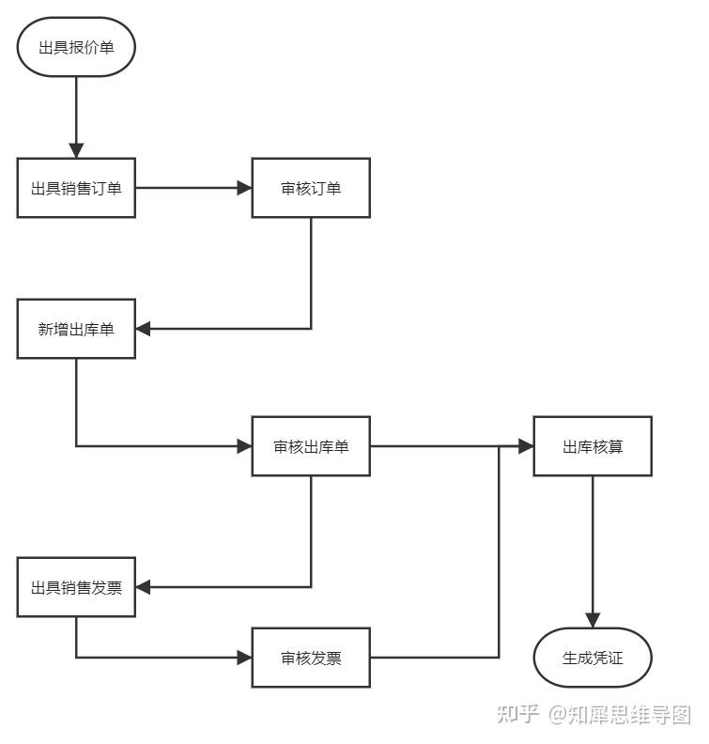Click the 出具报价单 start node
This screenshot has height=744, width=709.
pos(76,47)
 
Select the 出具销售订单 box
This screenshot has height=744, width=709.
pos(76,188)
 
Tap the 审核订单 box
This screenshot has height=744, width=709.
pos(311,188)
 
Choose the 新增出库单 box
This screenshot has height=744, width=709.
pos(76,329)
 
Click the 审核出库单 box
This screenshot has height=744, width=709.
pos(311,446)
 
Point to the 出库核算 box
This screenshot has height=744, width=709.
pos(593,446)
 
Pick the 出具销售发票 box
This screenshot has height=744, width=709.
pos(76,588)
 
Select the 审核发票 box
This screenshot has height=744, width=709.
pos(311,658)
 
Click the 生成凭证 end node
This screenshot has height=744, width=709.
pos(593,658)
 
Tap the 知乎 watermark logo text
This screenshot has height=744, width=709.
pos(517,715)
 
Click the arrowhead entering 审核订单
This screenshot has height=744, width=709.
pos(244,188)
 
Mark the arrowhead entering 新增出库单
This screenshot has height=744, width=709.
pos(144,329)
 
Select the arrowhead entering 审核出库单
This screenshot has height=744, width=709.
pos(244,446)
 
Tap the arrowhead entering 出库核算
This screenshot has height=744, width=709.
pos(526,446)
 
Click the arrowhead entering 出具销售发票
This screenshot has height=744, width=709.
pos(144,588)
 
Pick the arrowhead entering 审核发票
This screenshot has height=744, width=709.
pos(244,658)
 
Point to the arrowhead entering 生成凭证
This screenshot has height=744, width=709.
pos(593,620)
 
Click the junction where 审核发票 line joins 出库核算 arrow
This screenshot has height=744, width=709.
pos(499,446)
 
